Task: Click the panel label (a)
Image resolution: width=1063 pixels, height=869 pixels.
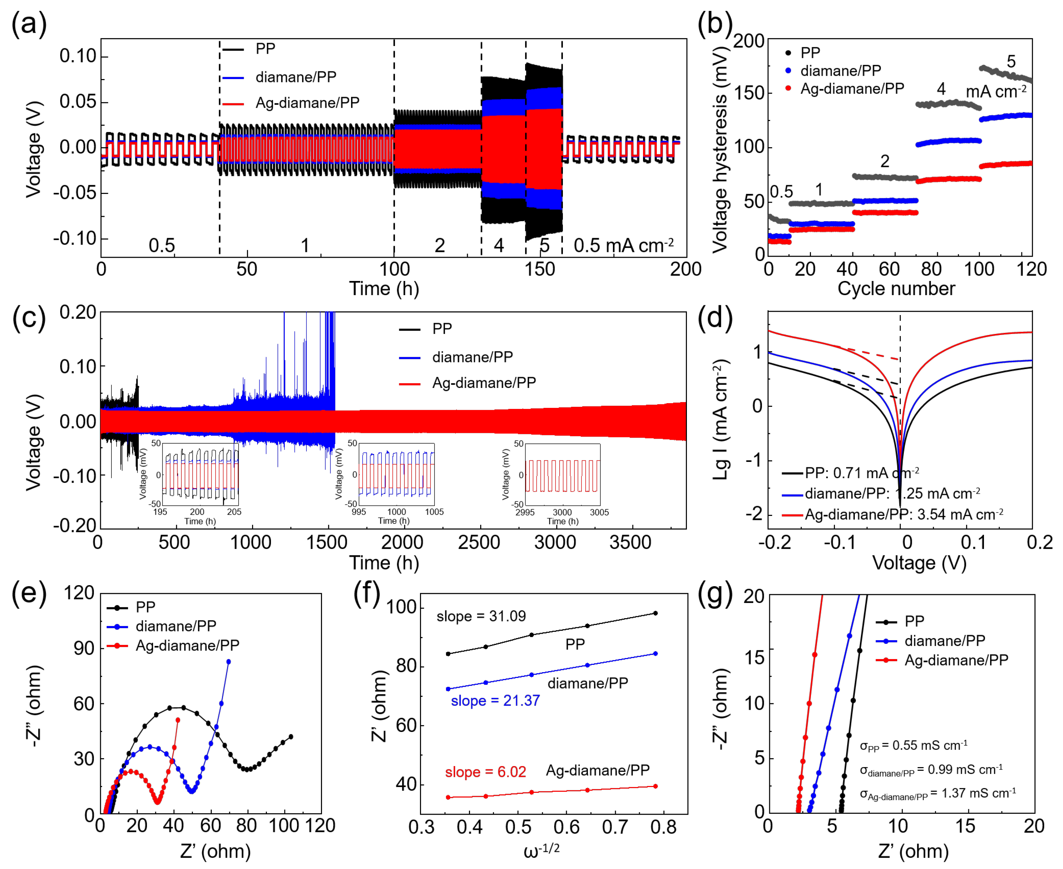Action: (x=29, y=24)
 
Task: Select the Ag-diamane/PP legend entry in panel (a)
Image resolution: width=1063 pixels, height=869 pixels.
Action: (x=307, y=103)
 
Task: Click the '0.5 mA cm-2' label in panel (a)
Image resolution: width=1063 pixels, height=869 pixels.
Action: (x=623, y=246)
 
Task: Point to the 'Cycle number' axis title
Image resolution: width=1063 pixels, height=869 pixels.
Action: (x=896, y=289)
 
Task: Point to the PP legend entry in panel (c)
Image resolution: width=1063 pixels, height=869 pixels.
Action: (x=442, y=329)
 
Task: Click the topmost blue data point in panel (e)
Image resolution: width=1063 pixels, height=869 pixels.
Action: (x=229, y=662)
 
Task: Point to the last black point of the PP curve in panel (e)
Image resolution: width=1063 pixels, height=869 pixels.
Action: (x=291, y=737)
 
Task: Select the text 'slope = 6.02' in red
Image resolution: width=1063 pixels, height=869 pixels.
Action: (x=485, y=772)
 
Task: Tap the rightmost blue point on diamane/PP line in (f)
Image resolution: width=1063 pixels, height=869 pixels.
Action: (x=655, y=654)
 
